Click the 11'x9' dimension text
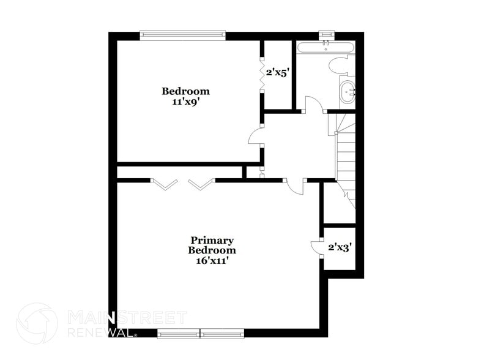186,102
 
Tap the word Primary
212,241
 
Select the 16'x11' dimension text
212,260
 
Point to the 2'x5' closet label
277,72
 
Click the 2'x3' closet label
340,247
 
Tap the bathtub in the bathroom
324,47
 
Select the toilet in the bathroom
338,66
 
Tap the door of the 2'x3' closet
316,247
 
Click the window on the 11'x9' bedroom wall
183,35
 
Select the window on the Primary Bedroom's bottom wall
201,334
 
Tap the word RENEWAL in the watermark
101,333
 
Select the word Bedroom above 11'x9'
185,91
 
